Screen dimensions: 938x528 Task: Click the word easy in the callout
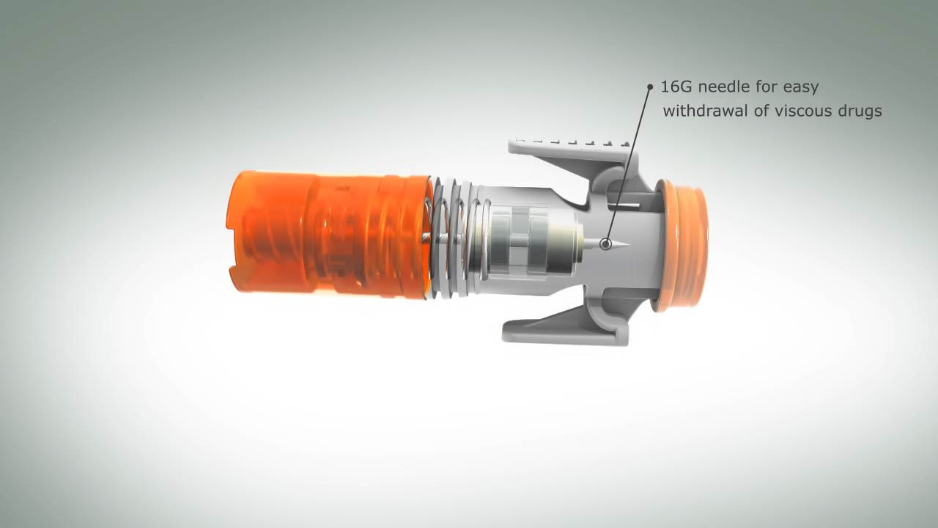(801, 88)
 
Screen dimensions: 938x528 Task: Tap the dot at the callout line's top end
(650, 87)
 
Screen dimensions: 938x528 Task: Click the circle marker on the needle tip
(605, 243)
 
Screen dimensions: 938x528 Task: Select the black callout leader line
(628, 164)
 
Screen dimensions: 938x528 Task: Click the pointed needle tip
(629, 243)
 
